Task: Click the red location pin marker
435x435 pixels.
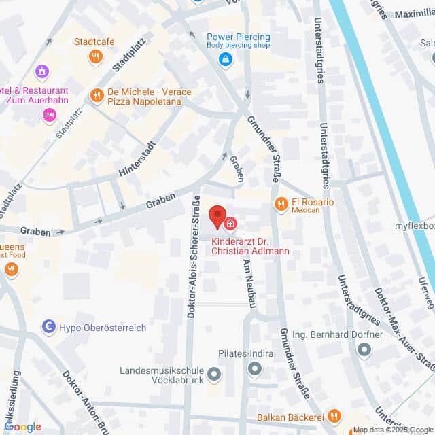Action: [217, 217]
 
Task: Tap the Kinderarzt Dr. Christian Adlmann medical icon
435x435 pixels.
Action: [231, 224]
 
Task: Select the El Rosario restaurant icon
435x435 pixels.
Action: [280, 203]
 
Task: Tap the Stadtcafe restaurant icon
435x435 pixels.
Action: [97, 56]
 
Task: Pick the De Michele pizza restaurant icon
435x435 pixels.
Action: [97, 96]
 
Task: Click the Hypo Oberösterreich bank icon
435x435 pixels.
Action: [49, 328]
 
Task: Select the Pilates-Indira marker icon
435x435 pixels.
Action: [255, 369]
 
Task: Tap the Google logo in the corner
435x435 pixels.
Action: [22, 427]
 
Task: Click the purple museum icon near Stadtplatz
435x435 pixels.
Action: [43, 71]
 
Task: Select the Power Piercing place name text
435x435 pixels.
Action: [239, 37]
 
